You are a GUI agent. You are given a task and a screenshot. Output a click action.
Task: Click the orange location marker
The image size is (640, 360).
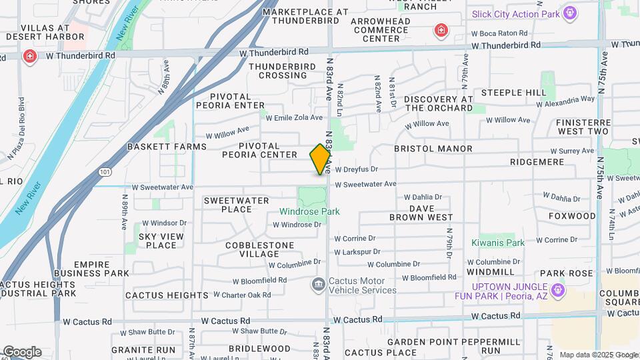[x=321, y=159]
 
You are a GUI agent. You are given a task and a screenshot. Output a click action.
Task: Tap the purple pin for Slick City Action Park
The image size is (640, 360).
[x=569, y=13]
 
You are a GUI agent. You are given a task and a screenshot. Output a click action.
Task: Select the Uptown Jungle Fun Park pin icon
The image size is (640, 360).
[x=559, y=290]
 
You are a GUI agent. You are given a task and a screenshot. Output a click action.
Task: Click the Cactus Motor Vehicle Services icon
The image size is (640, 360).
[x=318, y=285]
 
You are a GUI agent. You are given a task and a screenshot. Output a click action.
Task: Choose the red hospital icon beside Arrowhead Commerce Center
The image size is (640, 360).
[x=440, y=30]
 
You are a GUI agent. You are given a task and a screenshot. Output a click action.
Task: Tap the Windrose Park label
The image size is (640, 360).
[x=309, y=211]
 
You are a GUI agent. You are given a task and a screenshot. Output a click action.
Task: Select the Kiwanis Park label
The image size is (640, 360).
[x=498, y=243]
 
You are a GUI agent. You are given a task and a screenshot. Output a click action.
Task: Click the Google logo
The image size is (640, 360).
[x=22, y=352]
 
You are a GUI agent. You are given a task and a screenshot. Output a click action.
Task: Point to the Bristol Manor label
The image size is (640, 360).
[x=433, y=149]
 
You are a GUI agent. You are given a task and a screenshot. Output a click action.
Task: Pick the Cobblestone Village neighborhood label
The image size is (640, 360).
[x=259, y=249]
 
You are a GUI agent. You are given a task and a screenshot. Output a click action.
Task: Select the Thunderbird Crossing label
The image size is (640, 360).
[x=278, y=71]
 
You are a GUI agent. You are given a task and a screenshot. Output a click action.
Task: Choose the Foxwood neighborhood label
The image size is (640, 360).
[x=572, y=216]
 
